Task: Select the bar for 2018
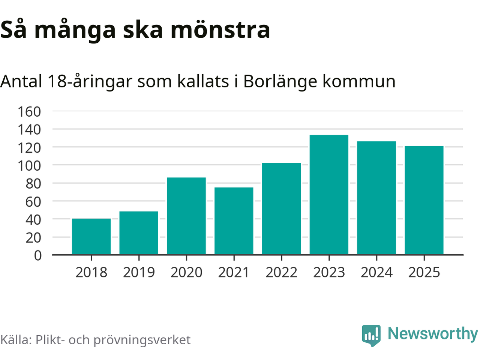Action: tap(91, 237)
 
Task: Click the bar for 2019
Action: tap(139, 233)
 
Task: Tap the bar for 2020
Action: tap(186, 216)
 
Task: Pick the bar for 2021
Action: tap(234, 221)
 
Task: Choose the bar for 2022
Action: tap(281, 209)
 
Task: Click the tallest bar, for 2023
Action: tap(329, 195)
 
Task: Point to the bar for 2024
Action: tap(376, 198)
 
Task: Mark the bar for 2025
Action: tap(424, 200)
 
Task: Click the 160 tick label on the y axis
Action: tap(29, 111)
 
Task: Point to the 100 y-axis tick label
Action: tap(29, 165)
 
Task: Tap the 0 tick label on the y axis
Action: tap(38, 255)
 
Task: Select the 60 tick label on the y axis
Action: tap(33, 201)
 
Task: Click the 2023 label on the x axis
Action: tap(329, 272)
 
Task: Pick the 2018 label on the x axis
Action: tap(91, 272)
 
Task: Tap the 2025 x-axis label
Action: tap(424, 272)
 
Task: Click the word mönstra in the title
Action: tap(220, 30)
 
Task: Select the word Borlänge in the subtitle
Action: tap(280, 81)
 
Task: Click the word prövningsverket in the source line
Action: tap(142, 340)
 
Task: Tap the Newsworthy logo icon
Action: tap(371, 335)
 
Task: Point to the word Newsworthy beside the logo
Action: tap(432, 333)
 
